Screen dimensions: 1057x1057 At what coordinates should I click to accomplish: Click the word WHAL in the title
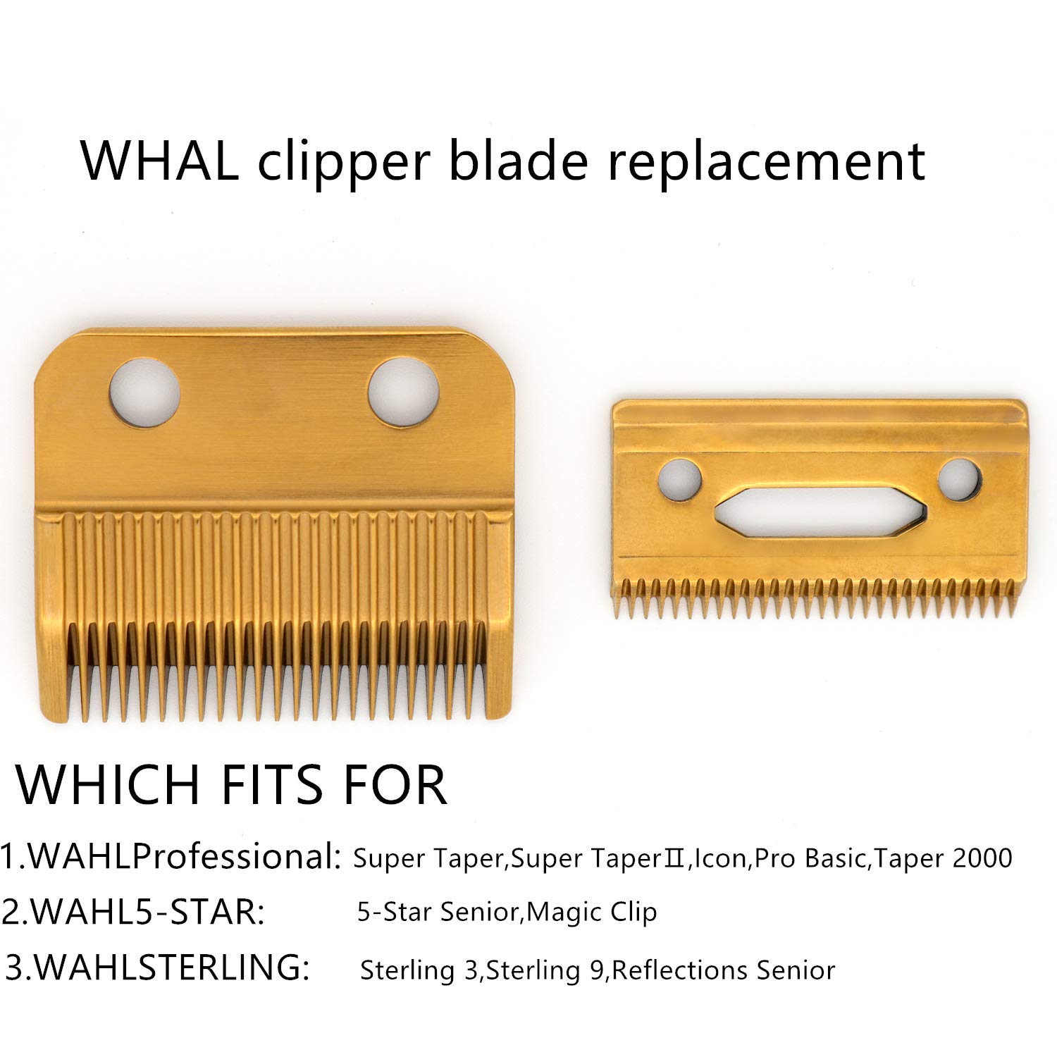(x=159, y=161)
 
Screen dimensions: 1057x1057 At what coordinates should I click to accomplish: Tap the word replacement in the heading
(x=767, y=161)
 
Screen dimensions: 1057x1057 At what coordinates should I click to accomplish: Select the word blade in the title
(x=518, y=161)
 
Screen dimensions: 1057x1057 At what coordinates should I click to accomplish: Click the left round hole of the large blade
(x=144, y=392)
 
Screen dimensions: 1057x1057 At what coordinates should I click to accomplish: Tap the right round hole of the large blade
(x=404, y=392)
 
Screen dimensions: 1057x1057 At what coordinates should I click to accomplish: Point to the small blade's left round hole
(x=679, y=480)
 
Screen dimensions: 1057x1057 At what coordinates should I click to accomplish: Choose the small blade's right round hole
(x=959, y=480)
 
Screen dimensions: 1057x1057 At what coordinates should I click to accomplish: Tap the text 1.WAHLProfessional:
(x=171, y=856)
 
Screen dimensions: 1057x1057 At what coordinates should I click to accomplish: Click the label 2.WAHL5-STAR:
(x=134, y=911)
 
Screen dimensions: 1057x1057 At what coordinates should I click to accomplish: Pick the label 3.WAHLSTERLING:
(x=157, y=967)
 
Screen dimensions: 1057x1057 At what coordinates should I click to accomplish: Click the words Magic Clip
(x=592, y=912)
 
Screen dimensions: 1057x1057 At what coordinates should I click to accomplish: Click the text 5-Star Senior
(x=438, y=912)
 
